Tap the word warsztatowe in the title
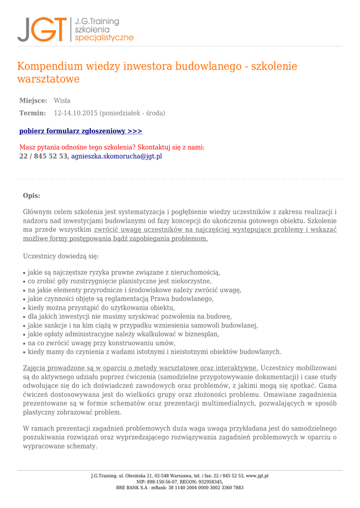pyautogui.click(x=48, y=79)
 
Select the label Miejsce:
pyautogui.click(x=33, y=101)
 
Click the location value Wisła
pyautogui.click(x=62, y=101)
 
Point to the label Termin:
pyautogui.click(x=33, y=113)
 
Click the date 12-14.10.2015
pyautogui.click(x=75, y=113)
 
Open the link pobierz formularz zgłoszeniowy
pyautogui.click(x=80, y=131)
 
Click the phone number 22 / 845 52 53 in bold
pyautogui.click(x=44, y=156)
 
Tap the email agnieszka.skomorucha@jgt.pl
pyautogui.click(x=117, y=156)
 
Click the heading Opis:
pyautogui.click(x=32, y=196)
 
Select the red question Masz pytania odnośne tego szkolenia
pyautogui.click(x=112, y=147)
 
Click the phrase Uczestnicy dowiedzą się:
pyautogui.click(x=61, y=256)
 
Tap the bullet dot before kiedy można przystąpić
pyautogui.click(x=24, y=308)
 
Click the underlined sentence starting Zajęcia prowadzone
pyautogui.click(x=141, y=368)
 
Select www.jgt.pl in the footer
pyautogui.click(x=257, y=476)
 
